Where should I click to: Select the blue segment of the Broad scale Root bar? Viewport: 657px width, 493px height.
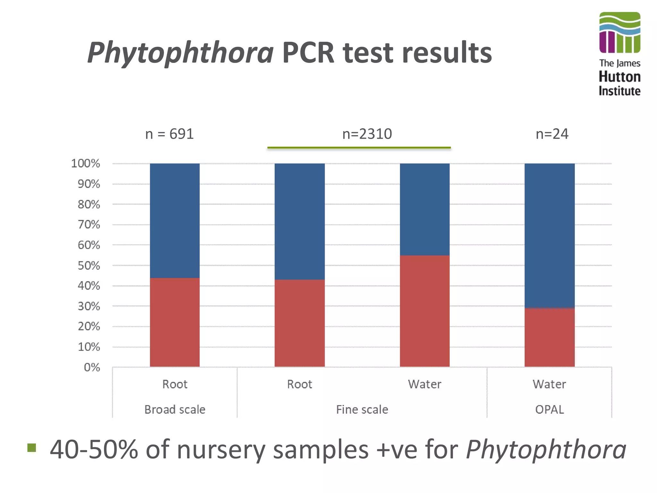[x=175, y=221]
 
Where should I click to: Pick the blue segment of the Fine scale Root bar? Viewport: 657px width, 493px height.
[x=299, y=221]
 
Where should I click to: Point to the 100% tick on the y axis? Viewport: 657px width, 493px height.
[x=85, y=164]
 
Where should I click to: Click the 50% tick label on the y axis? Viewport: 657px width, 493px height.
[x=89, y=266]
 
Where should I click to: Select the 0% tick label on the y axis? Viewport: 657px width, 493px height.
[x=92, y=368]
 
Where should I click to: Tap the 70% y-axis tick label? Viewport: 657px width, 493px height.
[x=89, y=225]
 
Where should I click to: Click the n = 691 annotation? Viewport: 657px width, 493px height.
[x=169, y=134]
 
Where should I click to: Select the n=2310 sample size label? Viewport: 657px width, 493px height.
[x=367, y=134]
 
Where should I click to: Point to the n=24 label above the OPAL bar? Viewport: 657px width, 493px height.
[x=552, y=134]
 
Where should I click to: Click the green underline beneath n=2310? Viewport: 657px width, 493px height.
[x=359, y=148]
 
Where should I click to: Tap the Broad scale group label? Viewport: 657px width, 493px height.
[x=175, y=410]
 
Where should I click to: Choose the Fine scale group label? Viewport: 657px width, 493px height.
[x=362, y=410]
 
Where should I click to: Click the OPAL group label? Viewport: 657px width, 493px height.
[x=549, y=410]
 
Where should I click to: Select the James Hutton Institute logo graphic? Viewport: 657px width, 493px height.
[x=619, y=32]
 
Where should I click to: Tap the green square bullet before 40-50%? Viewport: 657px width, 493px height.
[x=32, y=447]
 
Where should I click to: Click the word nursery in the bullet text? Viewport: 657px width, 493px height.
[x=221, y=450]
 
